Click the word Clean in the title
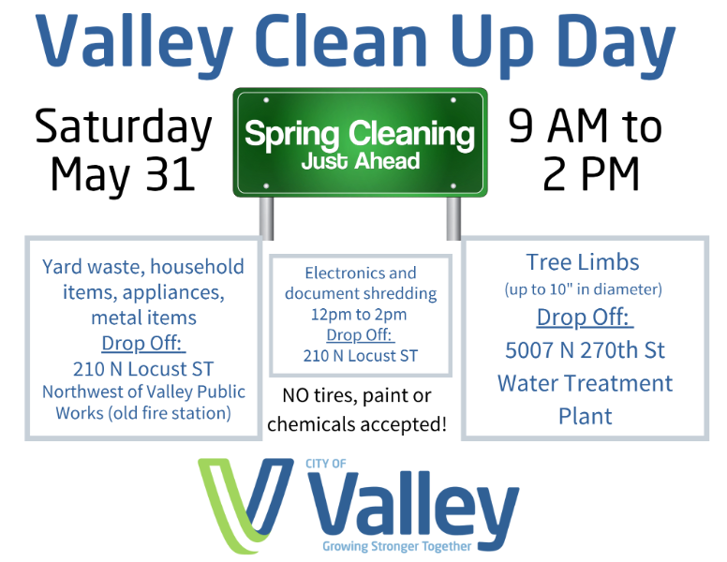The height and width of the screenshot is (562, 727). click(x=341, y=41)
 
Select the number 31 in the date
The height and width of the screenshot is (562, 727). click(x=171, y=174)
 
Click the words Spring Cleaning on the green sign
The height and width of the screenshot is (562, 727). click(x=360, y=135)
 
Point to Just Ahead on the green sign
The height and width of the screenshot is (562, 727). click(x=361, y=161)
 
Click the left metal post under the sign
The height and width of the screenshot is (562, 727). click(x=266, y=218)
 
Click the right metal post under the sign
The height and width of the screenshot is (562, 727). click(x=453, y=218)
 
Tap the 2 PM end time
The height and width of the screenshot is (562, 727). click(x=590, y=174)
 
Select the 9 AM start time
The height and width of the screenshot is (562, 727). click(x=557, y=126)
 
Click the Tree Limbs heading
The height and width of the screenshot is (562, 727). click(x=583, y=262)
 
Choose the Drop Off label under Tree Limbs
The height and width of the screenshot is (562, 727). click(x=585, y=318)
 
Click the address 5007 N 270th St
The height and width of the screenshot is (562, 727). click(x=585, y=350)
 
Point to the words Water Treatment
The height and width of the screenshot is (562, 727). click(x=585, y=383)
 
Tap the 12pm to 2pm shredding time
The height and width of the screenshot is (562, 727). click(x=359, y=315)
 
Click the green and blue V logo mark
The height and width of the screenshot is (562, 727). click(x=245, y=506)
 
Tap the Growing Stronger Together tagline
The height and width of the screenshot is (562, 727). click(x=397, y=546)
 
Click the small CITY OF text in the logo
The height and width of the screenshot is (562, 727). click(x=325, y=464)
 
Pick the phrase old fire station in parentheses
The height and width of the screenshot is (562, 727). click(x=170, y=413)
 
